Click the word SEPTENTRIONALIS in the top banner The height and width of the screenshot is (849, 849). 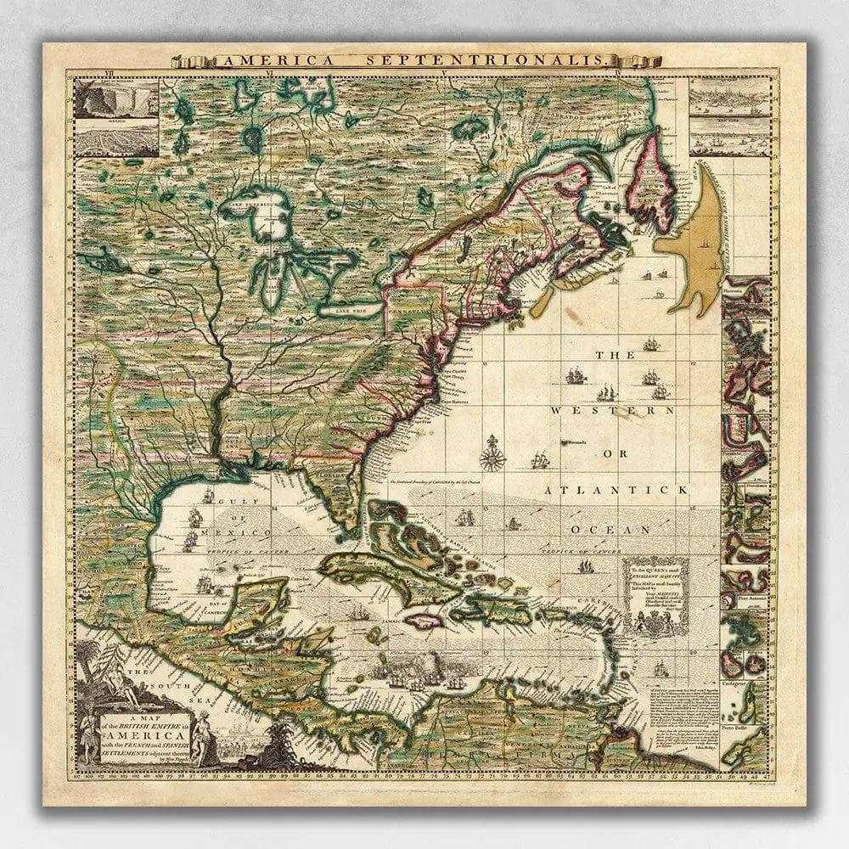520,60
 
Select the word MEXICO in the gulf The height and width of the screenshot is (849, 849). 245,531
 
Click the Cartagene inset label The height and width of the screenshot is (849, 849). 735,682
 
